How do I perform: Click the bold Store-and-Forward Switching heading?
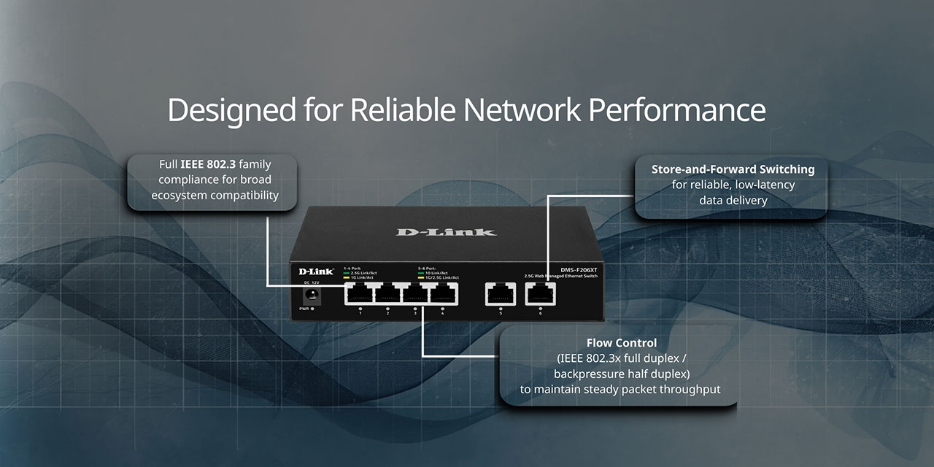[733, 169]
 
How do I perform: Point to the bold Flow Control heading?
[621, 343]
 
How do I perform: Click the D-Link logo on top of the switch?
[446, 232]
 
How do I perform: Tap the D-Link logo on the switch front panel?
[316, 271]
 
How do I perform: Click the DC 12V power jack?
[314, 295]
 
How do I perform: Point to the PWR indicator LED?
[312, 309]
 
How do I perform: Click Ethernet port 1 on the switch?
[360, 293]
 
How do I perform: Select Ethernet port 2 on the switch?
[387, 293]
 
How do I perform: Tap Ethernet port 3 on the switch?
[415, 293]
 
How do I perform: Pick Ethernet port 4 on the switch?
[443, 293]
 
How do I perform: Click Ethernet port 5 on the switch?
[500, 293]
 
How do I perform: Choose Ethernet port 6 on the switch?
[540, 293]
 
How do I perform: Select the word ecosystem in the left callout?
[180, 195]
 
